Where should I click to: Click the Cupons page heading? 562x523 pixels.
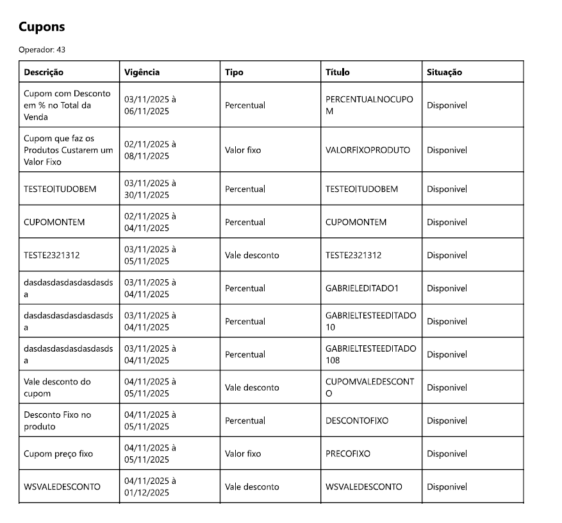[x=42, y=27]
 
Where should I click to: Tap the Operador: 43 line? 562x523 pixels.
[x=42, y=49]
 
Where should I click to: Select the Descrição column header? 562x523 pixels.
[x=44, y=73]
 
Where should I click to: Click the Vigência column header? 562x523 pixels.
[x=142, y=73]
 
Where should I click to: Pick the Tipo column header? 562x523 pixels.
[x=234, y=73]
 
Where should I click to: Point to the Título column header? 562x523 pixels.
[x=337, y=73]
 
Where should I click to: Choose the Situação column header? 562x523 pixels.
[x=444, y=73]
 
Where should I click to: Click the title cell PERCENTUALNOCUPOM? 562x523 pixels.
[x=369, y=105]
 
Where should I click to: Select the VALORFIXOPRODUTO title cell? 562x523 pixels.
[x=367, y=150]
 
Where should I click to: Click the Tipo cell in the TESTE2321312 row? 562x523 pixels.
[x=252, y=255]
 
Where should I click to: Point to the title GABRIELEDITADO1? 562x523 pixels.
[x=361, y=289]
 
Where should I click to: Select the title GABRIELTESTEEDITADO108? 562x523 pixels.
[x=370, y=354]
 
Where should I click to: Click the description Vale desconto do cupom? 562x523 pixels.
[x=57, y=388]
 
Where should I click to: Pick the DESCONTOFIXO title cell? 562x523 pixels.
[x=356, y=421]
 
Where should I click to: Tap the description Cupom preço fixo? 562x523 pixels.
[x=58, y=454]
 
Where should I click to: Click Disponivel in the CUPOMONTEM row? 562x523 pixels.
[x=447, y=223]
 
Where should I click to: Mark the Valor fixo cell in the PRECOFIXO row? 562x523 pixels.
[x=243, y=454]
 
